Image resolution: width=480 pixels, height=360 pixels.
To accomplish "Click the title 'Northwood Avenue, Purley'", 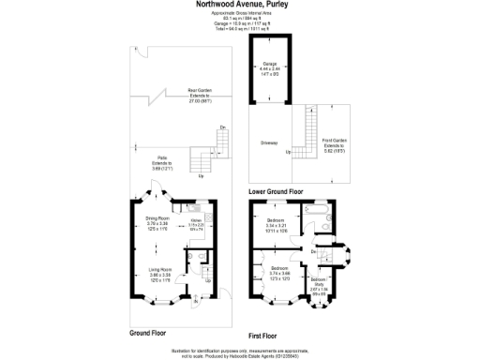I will (x=240, y=5).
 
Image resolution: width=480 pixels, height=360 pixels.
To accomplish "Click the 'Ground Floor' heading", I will (x=148, y=333).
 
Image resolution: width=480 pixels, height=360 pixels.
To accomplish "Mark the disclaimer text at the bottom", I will (x=240, y=352).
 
